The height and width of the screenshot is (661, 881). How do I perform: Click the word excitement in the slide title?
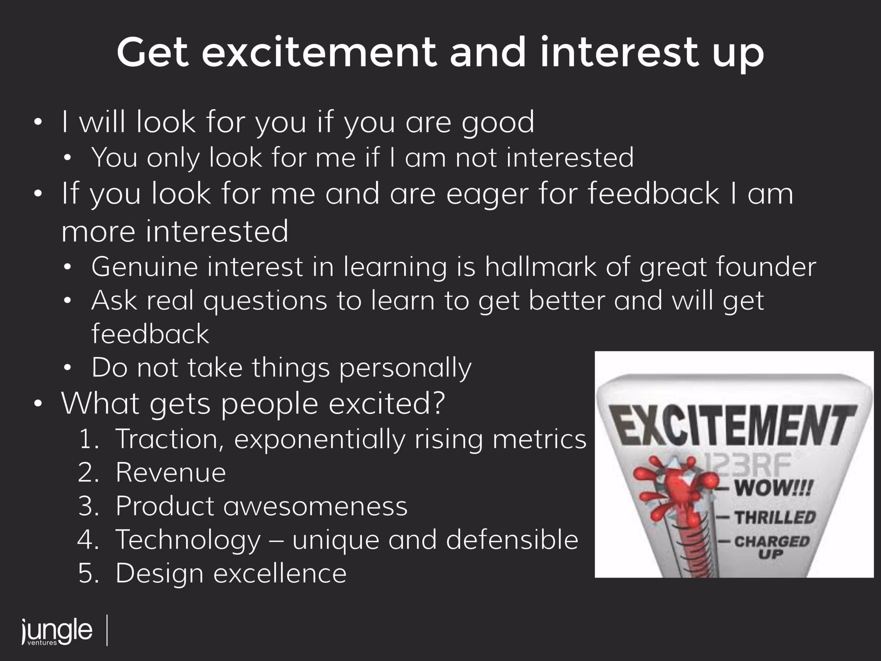pos(319,53)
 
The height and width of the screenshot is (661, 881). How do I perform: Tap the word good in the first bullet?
pos(498,124)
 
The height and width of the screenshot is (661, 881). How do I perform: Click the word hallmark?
pos(540,266)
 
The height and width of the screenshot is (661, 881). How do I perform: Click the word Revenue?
pos(171,473)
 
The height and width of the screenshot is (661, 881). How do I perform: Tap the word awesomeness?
pos(316,506)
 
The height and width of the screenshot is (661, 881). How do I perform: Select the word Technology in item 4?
pos(188,541)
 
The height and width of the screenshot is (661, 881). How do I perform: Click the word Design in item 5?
pos(160,574)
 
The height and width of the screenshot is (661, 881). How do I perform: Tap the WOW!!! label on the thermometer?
pos(773,488)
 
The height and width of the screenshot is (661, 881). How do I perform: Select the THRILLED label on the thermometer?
pos(775,517)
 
